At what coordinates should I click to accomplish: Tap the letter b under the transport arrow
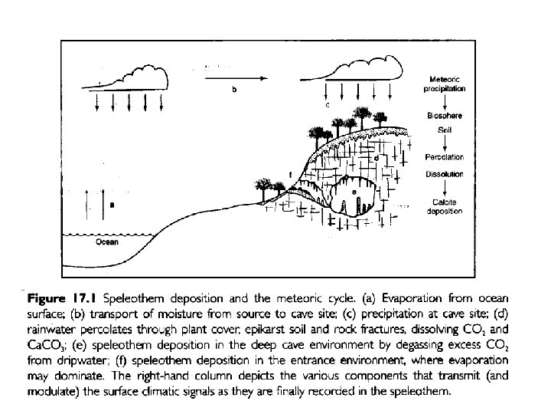point(234,90)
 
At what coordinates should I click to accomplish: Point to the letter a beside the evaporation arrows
point(112,205)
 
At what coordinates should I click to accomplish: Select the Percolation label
point(444,157)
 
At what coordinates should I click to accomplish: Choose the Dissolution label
point(444,174)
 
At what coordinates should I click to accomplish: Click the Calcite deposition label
point(444,206)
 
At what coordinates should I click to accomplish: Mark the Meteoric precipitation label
point(444,84)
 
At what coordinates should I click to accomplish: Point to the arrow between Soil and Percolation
point(444,143)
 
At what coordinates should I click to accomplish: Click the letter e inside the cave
point(352,191)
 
